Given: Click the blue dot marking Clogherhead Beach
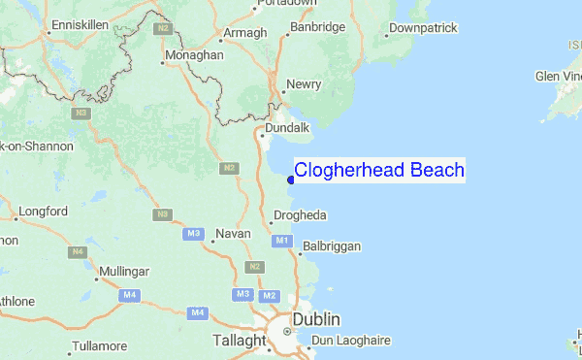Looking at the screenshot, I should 291,179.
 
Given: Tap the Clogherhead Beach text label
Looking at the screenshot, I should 379,171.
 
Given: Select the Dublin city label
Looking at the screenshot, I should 319,319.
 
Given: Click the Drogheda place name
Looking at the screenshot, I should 301,214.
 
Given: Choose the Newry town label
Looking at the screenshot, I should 304,84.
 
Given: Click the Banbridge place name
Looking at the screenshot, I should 320,27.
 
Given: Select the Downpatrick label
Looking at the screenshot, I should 425,28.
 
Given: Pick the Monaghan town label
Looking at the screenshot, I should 194,56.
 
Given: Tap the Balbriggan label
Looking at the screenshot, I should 332,246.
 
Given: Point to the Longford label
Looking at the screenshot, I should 43,211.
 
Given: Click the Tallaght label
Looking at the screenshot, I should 240,341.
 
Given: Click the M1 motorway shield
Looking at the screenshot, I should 282,240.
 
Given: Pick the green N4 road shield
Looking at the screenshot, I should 78,252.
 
